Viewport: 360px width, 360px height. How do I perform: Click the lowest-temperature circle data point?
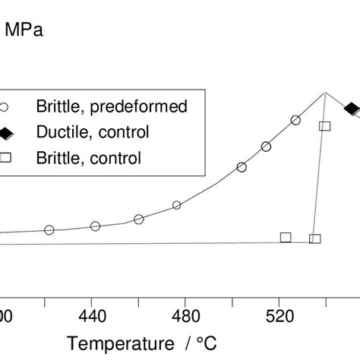(x=49, y=230)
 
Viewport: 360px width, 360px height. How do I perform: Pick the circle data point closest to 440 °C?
(x=96, y=226)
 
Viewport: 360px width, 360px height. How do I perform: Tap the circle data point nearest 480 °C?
(x=177, y=205)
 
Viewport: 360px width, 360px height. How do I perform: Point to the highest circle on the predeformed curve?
(x=295, y=120)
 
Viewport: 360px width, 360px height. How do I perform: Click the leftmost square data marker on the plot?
(x=286, y=237)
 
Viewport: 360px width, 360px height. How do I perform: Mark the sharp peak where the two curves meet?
(x=326, y=93)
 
